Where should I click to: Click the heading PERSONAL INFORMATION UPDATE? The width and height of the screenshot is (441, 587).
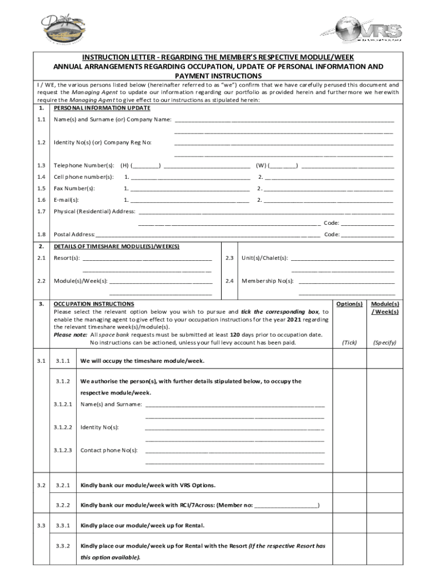(102, 108)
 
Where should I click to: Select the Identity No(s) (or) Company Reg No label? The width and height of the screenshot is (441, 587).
(103, 142)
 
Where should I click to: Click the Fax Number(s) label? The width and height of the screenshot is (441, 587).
(74, 188)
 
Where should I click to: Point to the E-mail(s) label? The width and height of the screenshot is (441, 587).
(66, 199)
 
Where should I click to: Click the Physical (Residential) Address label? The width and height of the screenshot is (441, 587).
(94, 211)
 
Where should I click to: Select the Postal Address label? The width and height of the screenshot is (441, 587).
(74, 234)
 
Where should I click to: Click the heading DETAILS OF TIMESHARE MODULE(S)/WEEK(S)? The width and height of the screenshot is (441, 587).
(116, 246)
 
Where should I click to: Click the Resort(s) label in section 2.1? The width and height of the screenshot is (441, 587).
(67, 258)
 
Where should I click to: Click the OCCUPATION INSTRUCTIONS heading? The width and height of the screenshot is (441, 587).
(94, 304)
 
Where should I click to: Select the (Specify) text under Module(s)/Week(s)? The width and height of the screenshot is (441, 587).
(385, 342)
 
